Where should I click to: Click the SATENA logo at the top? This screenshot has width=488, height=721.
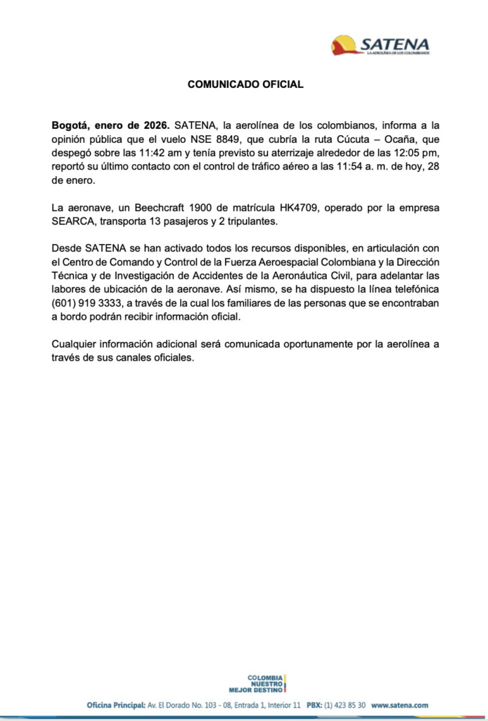pyautogui.click(x=380, y=45)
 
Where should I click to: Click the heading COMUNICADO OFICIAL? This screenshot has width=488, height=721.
pyautogui.click(x=245, y=84)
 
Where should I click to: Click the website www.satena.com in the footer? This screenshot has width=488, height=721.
pyautogui.click(x=399, y=705)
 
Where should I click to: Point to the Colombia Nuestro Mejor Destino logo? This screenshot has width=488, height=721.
pyautogui.click(x=257, y=683)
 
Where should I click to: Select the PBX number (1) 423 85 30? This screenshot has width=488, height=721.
pyautogui.click(x=345, y=705)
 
